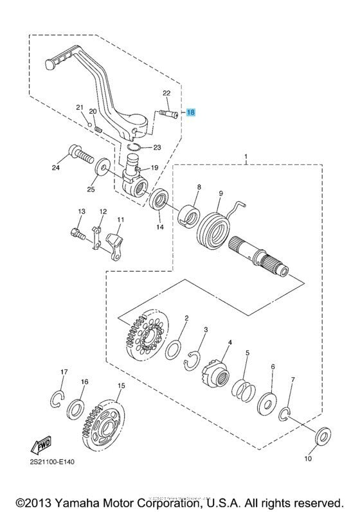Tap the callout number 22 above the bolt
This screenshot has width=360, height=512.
166,93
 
